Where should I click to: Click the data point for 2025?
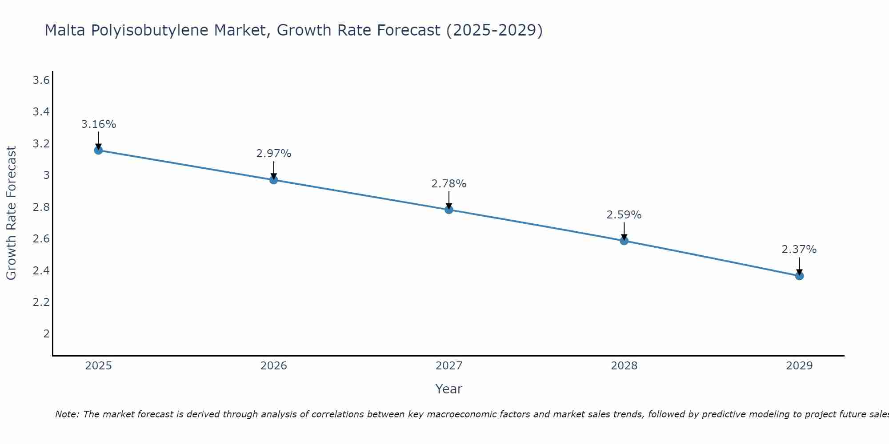tap(98, 150)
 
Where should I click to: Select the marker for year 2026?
tap(273, 180)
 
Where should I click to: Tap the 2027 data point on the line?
tap(449, 210)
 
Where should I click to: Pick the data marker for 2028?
tap(624, 241)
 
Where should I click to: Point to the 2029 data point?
tap(799, 276)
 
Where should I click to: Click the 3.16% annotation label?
tap(98, 124)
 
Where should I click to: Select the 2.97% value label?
tap(273, 154)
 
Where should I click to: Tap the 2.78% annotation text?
tap(449, 184)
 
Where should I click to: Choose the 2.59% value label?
tap(624, 215)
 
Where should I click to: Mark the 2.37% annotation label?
tap(799, 250)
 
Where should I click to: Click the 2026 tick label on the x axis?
tap(273, 366)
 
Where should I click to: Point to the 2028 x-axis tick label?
tap(624, 366)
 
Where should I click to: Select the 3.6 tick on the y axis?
tap(41, 80)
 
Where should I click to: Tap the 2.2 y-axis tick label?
tap(41, 302)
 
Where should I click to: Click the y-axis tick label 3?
tap(46, 175)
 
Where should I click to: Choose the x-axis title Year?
tap(449, 389)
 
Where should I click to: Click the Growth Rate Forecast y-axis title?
tap(11, 213)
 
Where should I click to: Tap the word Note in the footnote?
tap(66, 414)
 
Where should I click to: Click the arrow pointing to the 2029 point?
tap(799, 266)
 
